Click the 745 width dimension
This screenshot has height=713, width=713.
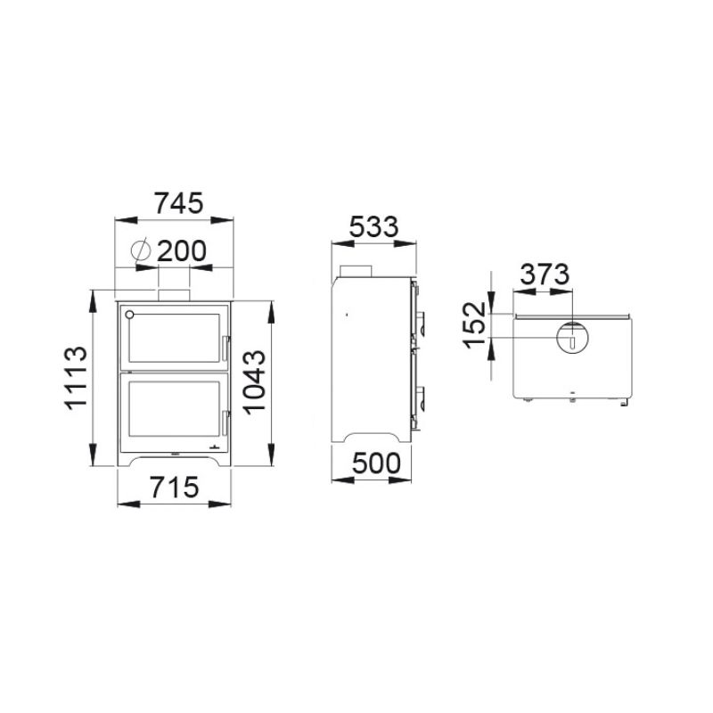[179, 203]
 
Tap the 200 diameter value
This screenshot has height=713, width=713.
[182, 250]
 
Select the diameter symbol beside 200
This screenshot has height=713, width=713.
[140, 250]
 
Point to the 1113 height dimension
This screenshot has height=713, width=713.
[76, 378]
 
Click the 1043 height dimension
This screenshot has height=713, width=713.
[254, 382]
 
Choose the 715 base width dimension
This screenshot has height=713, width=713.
[175, 487]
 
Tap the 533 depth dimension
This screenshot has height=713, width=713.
[373, 227]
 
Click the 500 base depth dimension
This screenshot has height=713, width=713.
[376, 463]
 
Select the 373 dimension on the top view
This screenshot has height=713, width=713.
[545, 275]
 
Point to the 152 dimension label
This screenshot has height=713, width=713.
[475, 324]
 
